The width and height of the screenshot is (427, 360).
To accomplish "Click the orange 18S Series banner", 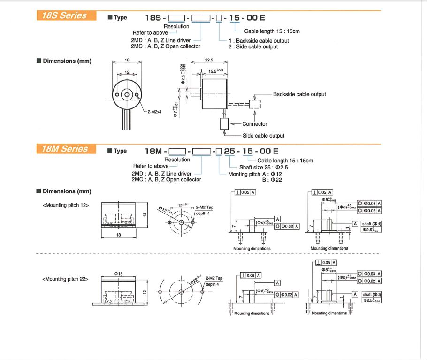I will [x=66, y=15].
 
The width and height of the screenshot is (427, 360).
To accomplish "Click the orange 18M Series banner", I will [x=66, y=149].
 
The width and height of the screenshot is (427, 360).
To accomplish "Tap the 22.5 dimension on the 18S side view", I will [x=209, y=60].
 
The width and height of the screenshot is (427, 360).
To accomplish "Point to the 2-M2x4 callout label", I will [x=154, y=112].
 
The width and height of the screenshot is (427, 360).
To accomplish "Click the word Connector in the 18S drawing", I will [x=255, y=124].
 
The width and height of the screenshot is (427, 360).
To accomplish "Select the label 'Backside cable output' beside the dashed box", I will [x=299, y=94].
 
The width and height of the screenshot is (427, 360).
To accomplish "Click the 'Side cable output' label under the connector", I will [x=263, y=136].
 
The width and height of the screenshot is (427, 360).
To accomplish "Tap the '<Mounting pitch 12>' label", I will [x=66, y=205].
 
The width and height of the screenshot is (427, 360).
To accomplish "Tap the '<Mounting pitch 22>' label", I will [x=66, y=279].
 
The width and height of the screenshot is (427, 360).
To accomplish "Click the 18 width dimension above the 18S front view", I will [x=127, y=60].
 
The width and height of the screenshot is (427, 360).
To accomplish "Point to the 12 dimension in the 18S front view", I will [x=127, y=72].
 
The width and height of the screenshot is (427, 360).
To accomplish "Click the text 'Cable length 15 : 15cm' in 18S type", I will [x=272, y=31].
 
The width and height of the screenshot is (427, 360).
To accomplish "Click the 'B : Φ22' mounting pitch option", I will [x=272, y=180].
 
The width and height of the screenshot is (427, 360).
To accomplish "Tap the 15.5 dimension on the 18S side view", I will [x=215, y=71].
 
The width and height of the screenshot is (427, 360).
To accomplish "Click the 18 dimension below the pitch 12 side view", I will [x=119, y=234].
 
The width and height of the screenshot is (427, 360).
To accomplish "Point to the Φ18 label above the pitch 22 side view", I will [x=118, y=273].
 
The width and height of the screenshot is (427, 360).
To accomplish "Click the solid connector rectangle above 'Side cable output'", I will [x=224, y=123].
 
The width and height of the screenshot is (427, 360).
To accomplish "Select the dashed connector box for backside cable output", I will [x=255, y=104].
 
